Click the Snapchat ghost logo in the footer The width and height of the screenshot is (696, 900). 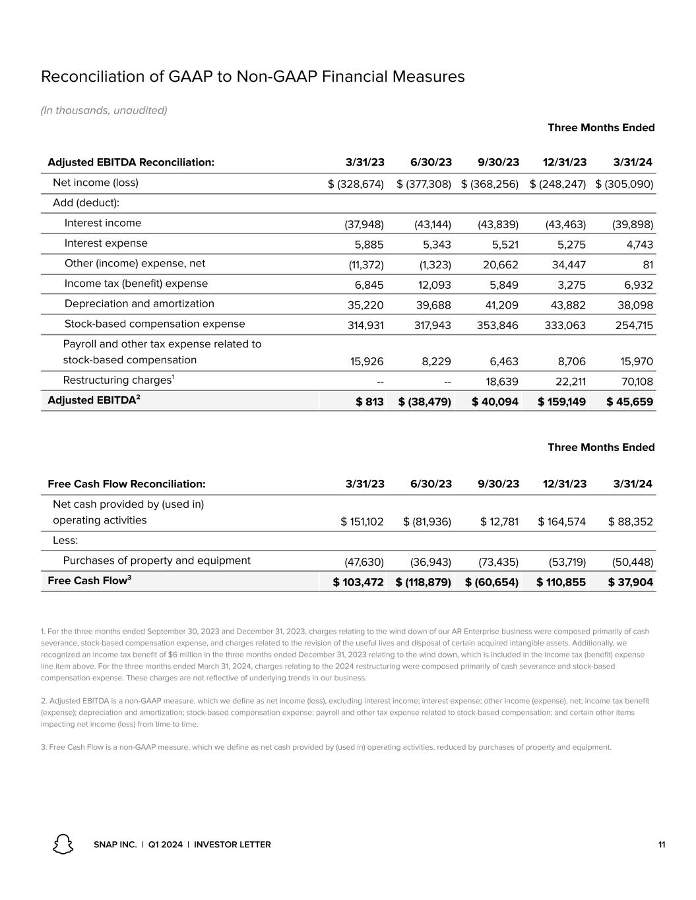(x=63, y=845)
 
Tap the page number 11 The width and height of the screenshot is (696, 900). (x=661, y=845)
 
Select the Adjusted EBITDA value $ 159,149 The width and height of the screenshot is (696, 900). (x=562, y=402)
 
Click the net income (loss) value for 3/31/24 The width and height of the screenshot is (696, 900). (x=624, y=184)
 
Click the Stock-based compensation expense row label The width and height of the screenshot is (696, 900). (x=154, y=324)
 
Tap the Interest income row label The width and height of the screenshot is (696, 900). (x=103, y=223)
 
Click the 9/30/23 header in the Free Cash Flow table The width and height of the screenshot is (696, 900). (x=498, y=484)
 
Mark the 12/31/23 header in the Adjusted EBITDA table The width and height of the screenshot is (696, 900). (x=564, y=162)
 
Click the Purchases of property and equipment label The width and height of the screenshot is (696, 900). (x=156, y=560)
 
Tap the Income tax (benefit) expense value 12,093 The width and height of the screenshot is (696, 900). (x=433, y=285)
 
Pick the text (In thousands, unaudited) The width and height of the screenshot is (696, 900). (x=104, y=110)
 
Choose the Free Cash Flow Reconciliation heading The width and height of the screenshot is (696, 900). (x=127, y=484)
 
